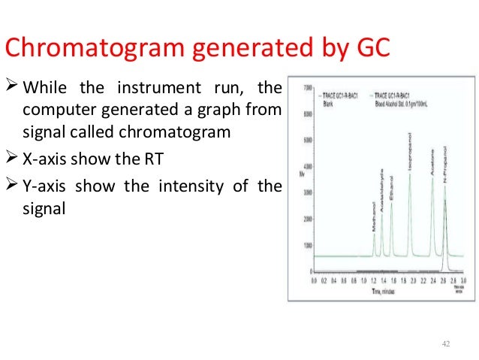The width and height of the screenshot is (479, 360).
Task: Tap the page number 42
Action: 447,343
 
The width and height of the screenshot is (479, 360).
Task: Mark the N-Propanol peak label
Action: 445,168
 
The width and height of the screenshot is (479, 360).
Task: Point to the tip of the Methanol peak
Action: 374,234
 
